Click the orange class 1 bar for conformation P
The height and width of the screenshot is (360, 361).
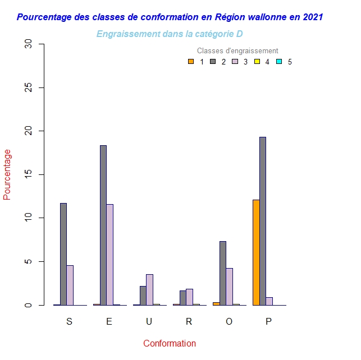[256, 252]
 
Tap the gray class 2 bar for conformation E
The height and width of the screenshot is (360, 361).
[103, 225]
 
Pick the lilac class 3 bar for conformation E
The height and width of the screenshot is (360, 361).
[109, 255]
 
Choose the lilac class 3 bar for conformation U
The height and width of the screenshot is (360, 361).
[149, 289]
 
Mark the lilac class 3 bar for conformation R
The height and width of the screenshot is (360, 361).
[189, 297]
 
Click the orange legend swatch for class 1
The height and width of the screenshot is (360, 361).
[191, 62]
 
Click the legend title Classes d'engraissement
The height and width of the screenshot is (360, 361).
[237, 51]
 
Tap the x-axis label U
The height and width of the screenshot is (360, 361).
[149, 321]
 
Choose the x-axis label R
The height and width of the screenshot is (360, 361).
[189, 321]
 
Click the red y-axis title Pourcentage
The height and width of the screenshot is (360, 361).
[7, 174]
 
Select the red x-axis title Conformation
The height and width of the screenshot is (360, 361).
[170, 343]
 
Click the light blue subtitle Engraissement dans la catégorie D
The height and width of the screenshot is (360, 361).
[170, 34]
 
